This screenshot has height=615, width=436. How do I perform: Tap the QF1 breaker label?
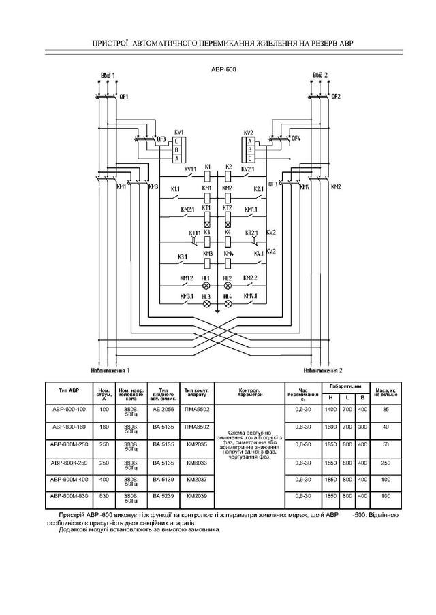(124, 97)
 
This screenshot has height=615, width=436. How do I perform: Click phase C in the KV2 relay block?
(250, 159)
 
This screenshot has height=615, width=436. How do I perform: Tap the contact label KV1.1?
(190, 169)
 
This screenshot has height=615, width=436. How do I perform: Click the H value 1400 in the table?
(330, 410)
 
